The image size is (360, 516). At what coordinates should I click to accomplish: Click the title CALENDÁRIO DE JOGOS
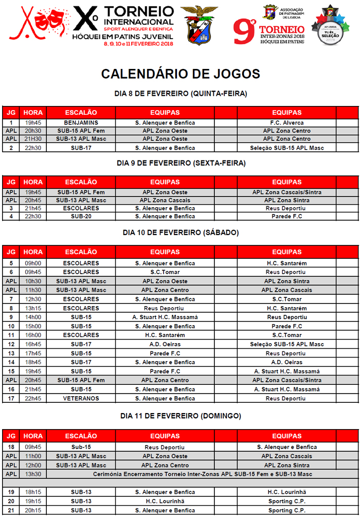[180, 74]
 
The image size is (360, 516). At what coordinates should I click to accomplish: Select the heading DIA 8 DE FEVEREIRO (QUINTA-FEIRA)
[180, 94]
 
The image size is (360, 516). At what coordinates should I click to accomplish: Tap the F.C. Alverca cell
[286, 123]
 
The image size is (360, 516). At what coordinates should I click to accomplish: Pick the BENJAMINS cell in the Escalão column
[81, 123]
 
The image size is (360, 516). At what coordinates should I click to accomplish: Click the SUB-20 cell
[81, 216]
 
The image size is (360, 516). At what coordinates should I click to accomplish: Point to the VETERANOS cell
[81, 399]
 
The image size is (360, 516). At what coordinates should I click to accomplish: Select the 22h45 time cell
[33, 399]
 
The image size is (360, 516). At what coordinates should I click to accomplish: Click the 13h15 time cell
[33, 308]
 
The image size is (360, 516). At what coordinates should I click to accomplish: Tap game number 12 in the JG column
[11, 344]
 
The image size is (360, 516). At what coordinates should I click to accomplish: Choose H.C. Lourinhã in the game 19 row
[286, 492]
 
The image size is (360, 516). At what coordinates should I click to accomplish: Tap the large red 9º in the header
[244, 32]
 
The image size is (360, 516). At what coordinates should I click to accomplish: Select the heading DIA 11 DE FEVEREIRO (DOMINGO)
[180, 416]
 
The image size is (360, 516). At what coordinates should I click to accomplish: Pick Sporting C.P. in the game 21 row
[286, 510]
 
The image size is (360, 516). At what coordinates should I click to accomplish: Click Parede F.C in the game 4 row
[286, 216]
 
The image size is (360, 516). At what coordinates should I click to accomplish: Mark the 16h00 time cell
[33, 335]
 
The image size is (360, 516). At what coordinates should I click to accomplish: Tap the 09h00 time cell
[33, 263]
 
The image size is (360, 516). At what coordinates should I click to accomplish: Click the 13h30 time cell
[33, 474]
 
